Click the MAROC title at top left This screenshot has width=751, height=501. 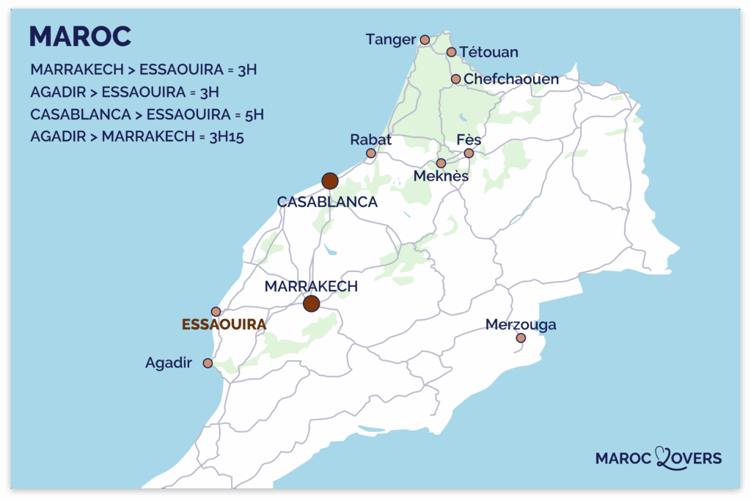81,36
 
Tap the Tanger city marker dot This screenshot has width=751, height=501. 425,39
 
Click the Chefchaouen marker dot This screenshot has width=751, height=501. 456,79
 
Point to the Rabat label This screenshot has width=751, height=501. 370,139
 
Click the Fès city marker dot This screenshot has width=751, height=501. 469,153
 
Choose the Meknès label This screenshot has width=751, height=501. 441,177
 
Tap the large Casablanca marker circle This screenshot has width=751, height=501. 329,181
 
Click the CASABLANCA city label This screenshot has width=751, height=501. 327,202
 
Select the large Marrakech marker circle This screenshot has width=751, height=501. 311,304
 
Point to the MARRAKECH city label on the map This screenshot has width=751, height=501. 311,286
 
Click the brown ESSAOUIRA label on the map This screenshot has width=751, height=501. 224,324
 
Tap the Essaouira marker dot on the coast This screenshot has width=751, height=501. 216,312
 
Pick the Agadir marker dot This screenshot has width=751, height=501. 208,363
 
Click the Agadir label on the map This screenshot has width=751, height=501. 168,363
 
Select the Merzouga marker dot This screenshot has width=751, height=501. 521,338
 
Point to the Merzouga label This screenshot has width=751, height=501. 521,324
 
